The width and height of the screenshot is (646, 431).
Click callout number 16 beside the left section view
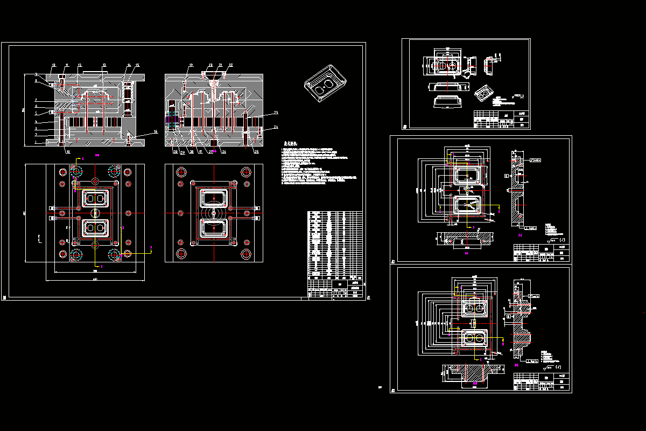[156, 131]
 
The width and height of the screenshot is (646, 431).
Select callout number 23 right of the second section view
[276, 113]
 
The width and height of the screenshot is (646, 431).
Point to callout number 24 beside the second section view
[276, 128]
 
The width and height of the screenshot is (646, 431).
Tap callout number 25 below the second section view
[256, 152]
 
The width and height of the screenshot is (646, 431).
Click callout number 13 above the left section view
[104, 65]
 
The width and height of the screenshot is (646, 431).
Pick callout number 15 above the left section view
[137, 65]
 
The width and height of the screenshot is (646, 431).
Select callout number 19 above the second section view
[191, 65]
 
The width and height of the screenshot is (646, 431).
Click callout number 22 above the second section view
[230, 65]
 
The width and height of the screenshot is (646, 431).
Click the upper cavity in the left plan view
[94, 199]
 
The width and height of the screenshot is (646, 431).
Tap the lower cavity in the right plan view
[214, 228]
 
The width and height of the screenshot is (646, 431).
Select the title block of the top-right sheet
[501, 119]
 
